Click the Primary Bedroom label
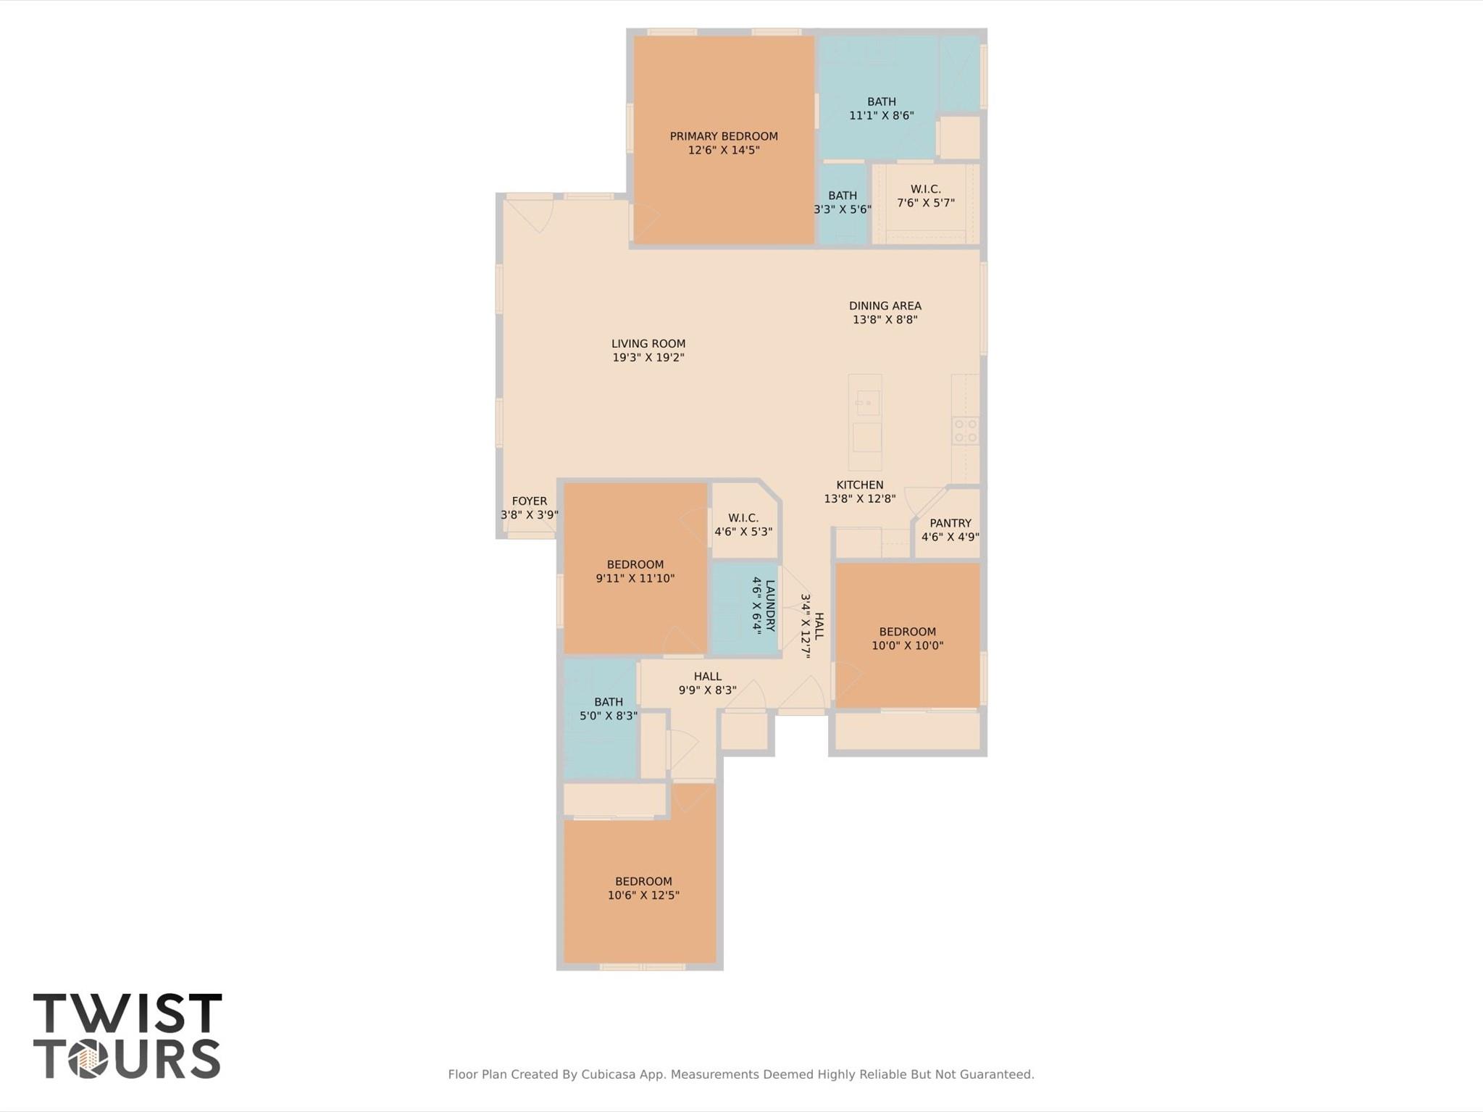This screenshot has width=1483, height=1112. coord(723,136)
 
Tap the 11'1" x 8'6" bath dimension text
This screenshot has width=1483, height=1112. coord(881,115)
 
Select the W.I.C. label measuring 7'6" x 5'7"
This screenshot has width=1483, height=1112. coord(925,189)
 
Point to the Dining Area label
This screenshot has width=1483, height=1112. coord(885,306)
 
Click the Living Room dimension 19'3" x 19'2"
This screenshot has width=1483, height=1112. coord(648,357)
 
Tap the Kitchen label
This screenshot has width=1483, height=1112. coord(859,485)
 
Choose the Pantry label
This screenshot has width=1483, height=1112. coord(950,523)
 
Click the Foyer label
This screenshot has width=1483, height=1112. coord(529,501)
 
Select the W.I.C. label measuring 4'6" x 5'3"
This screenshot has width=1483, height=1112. coord(743,518)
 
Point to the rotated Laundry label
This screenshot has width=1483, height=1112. coord(769,606)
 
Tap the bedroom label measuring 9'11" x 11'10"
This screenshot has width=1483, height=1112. coord(635,564)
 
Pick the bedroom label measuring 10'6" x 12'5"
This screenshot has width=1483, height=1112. coord(643,882)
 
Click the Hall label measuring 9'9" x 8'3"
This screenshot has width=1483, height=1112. coord(707,677)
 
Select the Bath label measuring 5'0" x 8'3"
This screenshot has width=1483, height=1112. coord(608,702)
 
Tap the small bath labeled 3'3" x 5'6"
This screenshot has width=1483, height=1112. coord(842,196)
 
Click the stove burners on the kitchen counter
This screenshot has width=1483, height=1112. coord(965,430)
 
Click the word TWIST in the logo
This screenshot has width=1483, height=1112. coord(128,1013)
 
